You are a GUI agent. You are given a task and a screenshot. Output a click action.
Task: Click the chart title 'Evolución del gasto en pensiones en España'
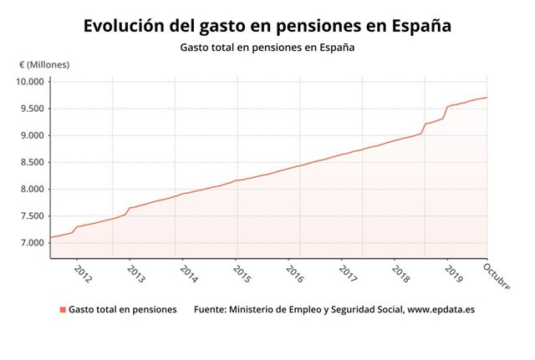click(267, 26)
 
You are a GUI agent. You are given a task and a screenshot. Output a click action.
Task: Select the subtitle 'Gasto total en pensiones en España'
click(267, 48)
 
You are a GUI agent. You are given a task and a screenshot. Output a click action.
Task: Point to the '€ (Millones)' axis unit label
click(44, 64)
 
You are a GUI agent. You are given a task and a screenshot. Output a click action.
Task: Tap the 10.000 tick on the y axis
click(32, 82)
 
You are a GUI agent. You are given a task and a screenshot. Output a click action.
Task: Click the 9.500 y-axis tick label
click(32, 109)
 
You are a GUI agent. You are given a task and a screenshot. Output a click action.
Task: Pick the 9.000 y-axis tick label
click(32, 135)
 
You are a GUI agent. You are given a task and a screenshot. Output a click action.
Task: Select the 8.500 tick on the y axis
click(32, 162)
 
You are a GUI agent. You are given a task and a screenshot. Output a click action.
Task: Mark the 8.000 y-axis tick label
click(32, 189)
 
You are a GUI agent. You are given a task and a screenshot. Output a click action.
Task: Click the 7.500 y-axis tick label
click(32, 216)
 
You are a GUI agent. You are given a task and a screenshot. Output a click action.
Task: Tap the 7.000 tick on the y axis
click(32, 243)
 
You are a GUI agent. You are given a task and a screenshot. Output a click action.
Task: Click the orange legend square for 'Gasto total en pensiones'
click(63, 310)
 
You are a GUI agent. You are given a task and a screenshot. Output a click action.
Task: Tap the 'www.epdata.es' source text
click(441, 310)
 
